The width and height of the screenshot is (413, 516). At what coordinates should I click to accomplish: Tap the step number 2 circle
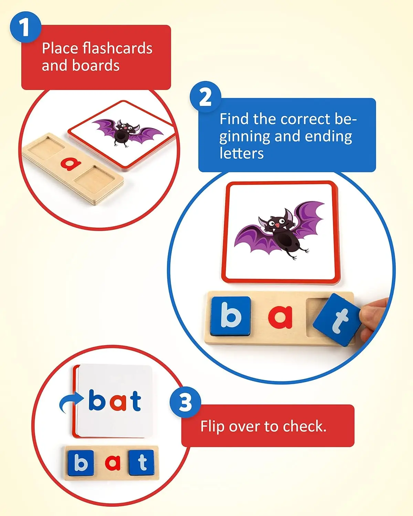205,97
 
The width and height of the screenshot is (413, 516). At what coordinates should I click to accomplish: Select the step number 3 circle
186,402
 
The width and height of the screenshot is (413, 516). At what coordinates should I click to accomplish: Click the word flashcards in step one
117,48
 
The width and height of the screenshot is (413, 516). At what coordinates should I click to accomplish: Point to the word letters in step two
242,153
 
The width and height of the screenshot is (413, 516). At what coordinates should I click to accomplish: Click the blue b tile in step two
230,315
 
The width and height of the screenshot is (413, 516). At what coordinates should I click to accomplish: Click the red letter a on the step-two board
280,316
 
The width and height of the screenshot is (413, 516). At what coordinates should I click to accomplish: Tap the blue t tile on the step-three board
142,462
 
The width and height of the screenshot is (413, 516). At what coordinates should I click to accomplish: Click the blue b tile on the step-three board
81,463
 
